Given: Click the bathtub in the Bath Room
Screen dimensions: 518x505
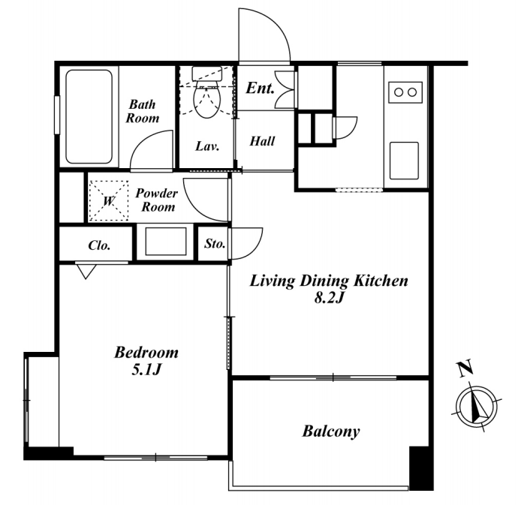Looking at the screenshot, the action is click(89, 116).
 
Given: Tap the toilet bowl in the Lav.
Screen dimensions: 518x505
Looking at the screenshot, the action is click(207, 98).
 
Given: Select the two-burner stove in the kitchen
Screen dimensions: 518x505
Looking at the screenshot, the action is click(405, 92).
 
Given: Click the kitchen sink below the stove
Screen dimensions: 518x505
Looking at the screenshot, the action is click(404, 161).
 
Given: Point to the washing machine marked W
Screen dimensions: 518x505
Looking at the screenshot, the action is click(109, 200).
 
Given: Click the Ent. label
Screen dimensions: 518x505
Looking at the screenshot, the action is click(260, 88).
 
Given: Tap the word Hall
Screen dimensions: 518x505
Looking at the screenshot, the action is click(262, 141).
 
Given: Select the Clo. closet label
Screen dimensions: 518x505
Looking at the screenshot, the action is click(99, 245).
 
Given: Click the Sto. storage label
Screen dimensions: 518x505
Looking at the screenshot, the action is click(215, 244).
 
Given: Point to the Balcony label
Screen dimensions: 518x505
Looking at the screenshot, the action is click(331, 431).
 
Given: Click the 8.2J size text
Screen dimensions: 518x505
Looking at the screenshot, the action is click(330, 298).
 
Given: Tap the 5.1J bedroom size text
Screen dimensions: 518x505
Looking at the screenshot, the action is click(146, 370).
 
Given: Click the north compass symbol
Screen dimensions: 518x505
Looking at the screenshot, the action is click(477, 406).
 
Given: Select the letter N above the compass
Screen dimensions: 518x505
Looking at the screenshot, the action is click(465, 368).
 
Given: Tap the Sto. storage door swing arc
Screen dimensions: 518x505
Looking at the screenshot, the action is click(254, 248).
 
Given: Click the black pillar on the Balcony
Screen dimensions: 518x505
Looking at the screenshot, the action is click(421, 468).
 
